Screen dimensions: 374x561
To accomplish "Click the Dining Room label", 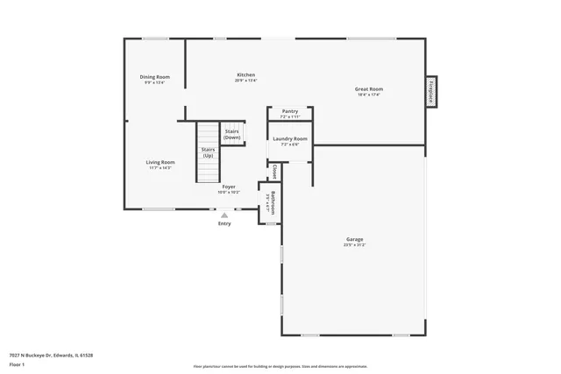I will point(155,77).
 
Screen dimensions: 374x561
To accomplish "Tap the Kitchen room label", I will point(246,75).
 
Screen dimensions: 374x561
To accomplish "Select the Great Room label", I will point(368,88).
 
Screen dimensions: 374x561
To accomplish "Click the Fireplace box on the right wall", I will point(430,91).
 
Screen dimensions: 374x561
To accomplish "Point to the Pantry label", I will point(290,111).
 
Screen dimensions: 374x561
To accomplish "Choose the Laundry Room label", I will point(290,138).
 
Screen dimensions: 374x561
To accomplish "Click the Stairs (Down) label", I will point(231,135).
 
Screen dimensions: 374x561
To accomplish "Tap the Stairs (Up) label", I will point(209,152).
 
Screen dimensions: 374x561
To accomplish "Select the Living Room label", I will point(160,162).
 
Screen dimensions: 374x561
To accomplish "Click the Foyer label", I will point(228,187).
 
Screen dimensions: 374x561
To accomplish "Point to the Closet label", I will point(275,171).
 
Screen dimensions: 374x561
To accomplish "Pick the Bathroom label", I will point(273,202).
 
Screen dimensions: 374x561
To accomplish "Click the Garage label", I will point(355,239).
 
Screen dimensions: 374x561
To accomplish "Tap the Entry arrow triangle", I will point(224,215).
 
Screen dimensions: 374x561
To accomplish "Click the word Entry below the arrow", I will point(224,223).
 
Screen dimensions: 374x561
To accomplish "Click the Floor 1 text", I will point(18,363).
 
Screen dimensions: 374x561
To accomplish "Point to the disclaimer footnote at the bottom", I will point(280,366).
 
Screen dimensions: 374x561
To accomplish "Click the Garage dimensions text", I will point(355,245).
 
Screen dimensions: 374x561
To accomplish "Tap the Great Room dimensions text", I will point(368,95).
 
